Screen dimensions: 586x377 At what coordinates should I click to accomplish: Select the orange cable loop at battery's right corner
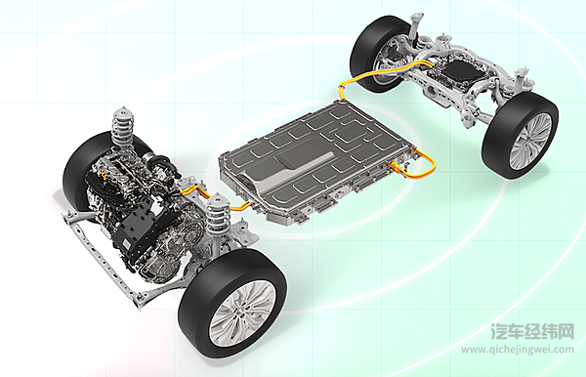tap(422, 164)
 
